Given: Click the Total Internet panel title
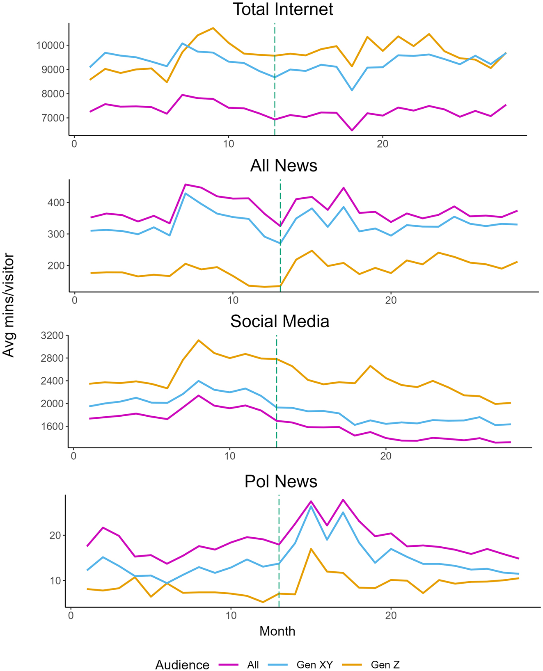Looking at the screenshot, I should pyautogui.click(x=283, y=9).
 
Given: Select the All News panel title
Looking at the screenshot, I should pyautogui.click(x=284, y=165).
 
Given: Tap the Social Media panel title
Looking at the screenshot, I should pyautogui.click(x=280, y=321).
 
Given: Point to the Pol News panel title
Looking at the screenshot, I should pyautogui.click(x=281, y=481).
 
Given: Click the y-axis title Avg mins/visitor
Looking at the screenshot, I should pyautogui.click(x=8, y=306).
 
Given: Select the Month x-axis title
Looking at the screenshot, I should pyautogui.click(x=277, y=631).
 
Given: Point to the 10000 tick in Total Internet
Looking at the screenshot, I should pyautogui.click(x=47, y=45).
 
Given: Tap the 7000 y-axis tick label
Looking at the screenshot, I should pyautogui.click(x=50, y=118).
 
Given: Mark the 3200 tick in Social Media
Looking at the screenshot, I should pyautogui.click(x=53, y=335).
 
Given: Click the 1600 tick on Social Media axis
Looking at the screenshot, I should pyautogui.click(x=53, y=427).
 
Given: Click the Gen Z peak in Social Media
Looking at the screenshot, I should pyautogui.click(x=199, y=340).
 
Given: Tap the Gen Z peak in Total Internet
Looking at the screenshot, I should pyautogui.click(x=213, y=28).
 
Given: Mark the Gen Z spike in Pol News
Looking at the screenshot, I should pyautogui.click(x=311, y=549).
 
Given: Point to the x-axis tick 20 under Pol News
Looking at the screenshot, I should pyautogui.click(x=390, y=616).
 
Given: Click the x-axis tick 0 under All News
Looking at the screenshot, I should pyautogui.click(x=74, y=300).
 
